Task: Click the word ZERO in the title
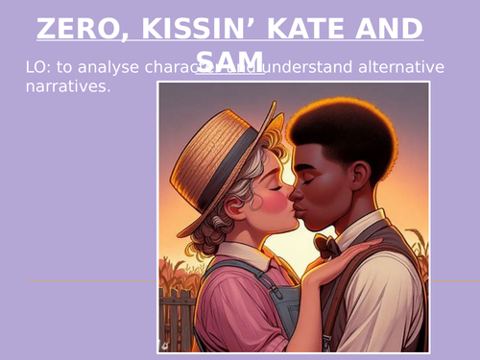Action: pyautogui.click(x=74, y=29)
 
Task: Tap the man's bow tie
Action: pyautogui.click(x=327, y=246)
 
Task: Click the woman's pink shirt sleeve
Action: pyautogui.click(x=221, y=307)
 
